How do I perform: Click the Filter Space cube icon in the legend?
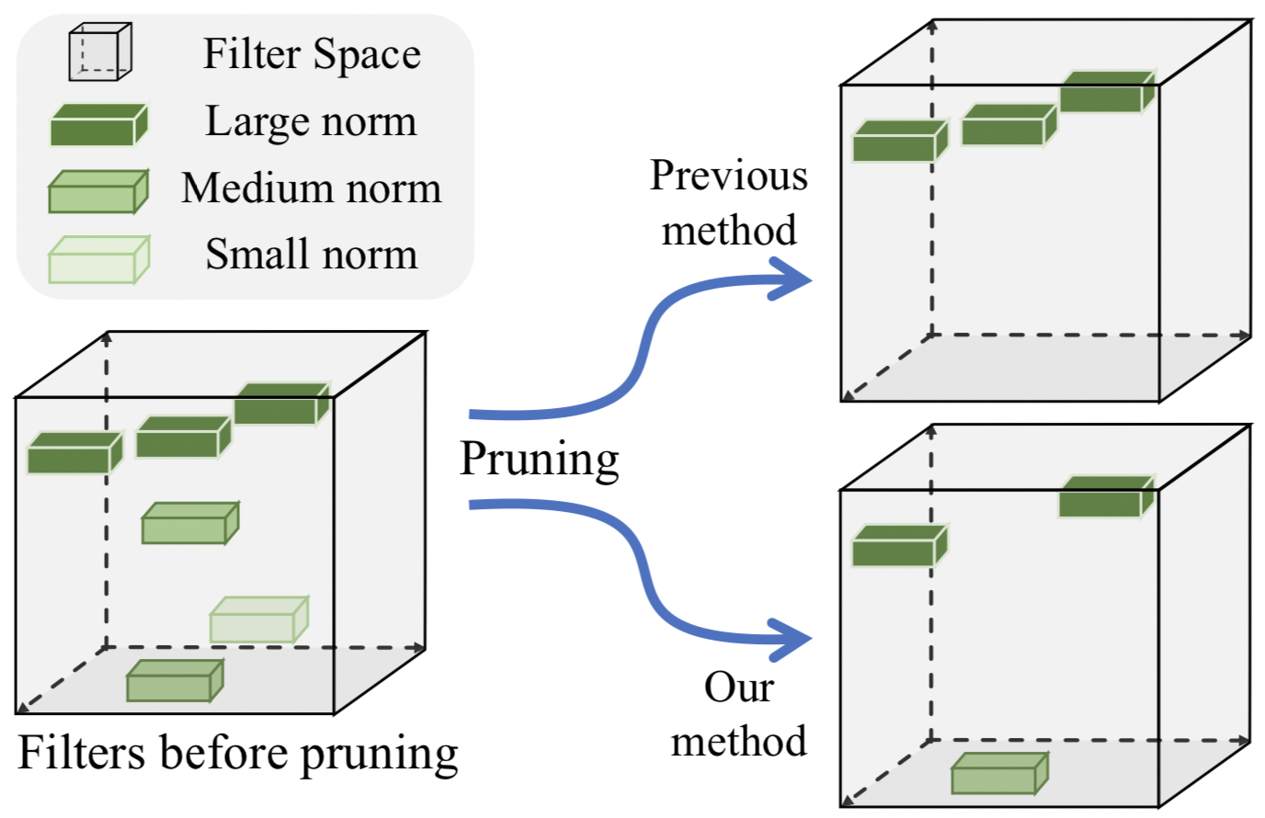100,51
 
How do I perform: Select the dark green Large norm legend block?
98,124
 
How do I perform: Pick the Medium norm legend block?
98,191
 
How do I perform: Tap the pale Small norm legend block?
98,259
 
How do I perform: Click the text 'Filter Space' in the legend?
312,53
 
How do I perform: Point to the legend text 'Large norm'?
311,121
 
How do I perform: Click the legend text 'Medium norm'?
312,188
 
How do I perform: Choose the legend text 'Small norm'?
312,255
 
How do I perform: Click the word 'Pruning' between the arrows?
540,459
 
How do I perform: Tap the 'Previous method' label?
729,202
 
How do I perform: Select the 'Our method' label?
739,714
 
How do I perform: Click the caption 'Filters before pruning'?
238,754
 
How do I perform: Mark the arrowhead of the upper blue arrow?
792,278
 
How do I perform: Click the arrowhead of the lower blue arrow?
792,640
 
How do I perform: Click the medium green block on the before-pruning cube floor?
175,681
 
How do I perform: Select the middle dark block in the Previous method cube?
1009,125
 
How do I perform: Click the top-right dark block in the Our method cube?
1106,497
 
